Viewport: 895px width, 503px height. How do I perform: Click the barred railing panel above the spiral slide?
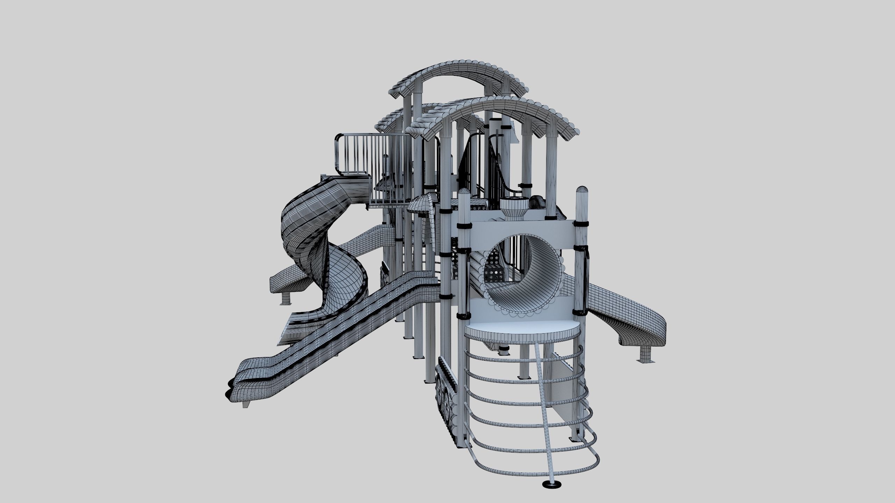(357, 154)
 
